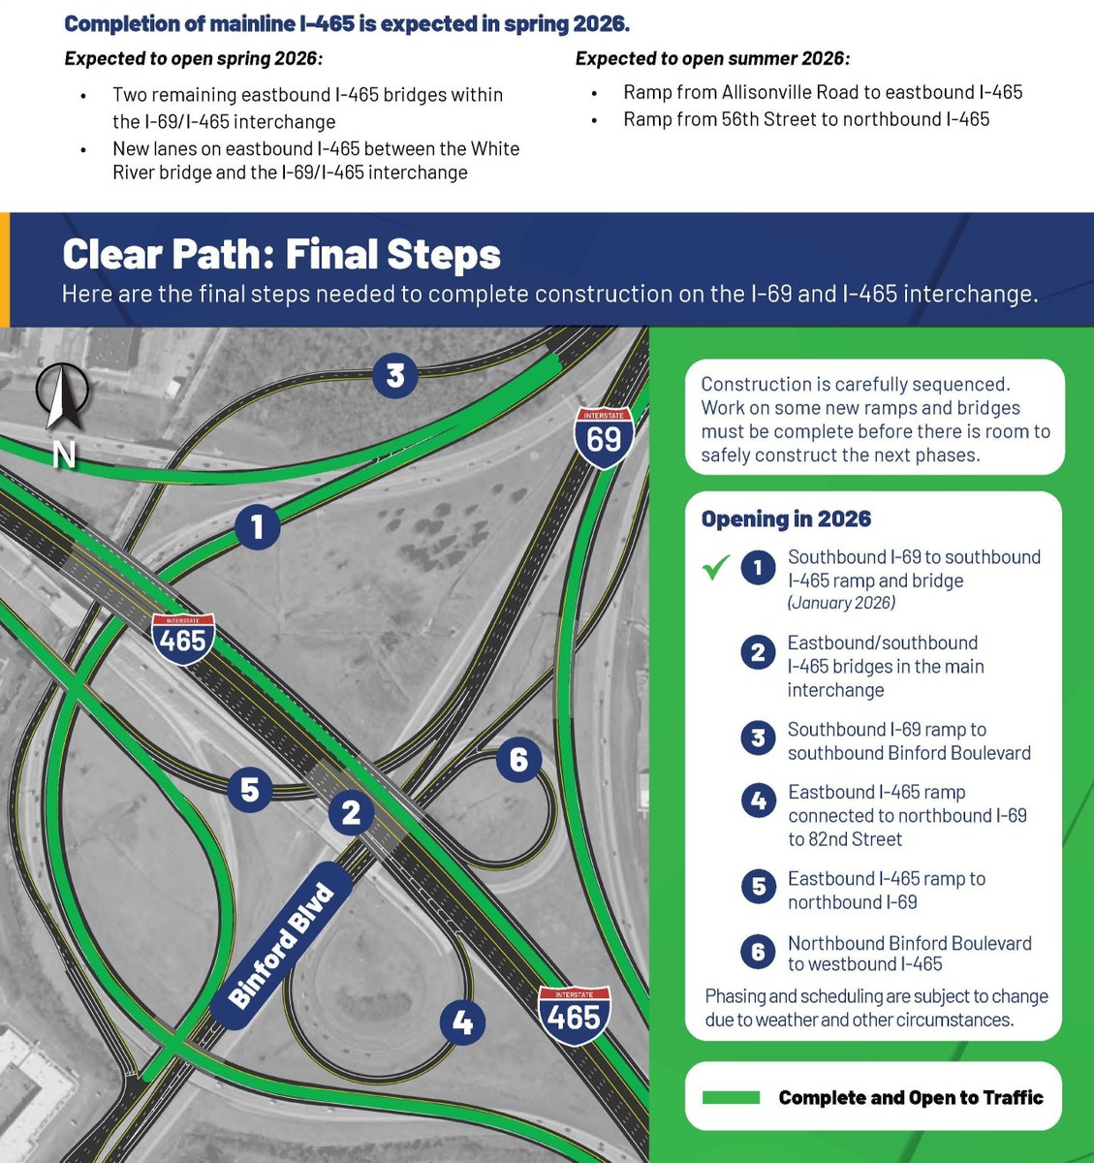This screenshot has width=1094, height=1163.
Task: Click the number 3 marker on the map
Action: pos(394,374)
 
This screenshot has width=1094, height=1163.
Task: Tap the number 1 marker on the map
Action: pos(257,527)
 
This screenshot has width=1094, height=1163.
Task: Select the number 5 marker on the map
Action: pos(250,790)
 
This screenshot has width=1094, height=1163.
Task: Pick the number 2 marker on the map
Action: pos(351,812)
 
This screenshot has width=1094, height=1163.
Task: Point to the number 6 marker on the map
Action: pos(518,759)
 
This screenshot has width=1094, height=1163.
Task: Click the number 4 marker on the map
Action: pos(462,1022)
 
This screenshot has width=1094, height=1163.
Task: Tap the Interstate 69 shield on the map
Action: pos(604,438)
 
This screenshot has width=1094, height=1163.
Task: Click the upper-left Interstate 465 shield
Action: pos(183,638)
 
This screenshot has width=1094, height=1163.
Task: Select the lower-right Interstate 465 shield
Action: pos(575,1015)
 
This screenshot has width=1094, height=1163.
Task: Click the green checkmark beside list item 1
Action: pos(715,568)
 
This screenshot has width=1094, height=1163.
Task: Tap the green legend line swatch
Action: pos(731,1097)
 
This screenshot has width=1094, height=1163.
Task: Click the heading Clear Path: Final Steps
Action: pos(281,254)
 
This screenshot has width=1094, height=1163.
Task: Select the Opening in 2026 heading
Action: pos(786,519)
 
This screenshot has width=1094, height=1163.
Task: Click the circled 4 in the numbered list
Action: pos(758,801)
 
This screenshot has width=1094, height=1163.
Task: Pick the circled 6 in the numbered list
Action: pos(758,952)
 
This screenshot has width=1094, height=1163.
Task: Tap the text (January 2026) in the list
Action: pos(841,603)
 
